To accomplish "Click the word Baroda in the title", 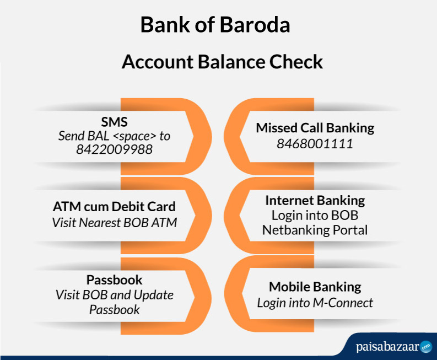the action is [x=255, y=25].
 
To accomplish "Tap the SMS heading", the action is [x=114, y=122].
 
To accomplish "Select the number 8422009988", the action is [x=114, y=149].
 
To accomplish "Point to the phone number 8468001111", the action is [x=315, y=144].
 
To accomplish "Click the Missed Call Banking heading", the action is [x=315, y=128].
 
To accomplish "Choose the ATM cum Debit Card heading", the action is [x=114, y=207].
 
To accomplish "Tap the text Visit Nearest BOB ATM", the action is [x=114, y=223].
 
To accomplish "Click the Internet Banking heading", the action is [x=315, y=201].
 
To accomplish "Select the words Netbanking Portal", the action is [x=315, y=230].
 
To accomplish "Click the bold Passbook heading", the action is [x=114, y=280].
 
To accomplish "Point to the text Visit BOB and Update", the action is [x=114, y=295].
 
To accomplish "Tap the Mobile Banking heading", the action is [x=315, y=287].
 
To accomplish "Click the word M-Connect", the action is [x=343, y=303].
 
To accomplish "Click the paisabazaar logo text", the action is [x=387, y=347].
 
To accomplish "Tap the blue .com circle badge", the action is [x=426, y=347].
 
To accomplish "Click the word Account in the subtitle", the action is [x=158, y=62].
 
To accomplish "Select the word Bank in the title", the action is [x=165, y=25].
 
